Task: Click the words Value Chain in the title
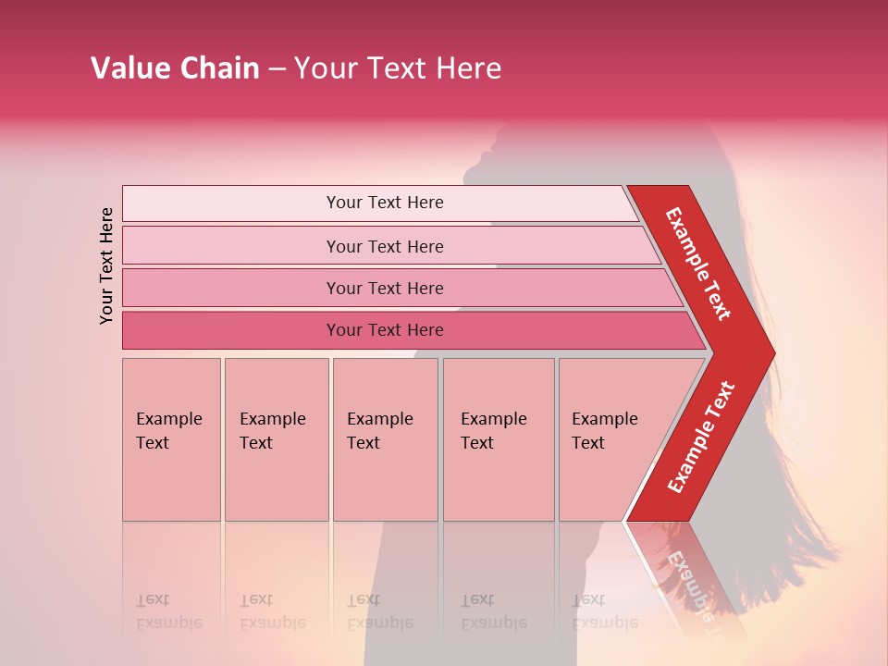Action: [175, 68]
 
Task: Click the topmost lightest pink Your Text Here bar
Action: [384, 203]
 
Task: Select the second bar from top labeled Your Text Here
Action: [384, 246]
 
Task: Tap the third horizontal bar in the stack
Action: [384, 288]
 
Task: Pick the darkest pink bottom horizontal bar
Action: [384, 330]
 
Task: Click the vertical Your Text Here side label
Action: [106, 265]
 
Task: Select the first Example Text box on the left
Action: [171, 438]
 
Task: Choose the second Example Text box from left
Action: [276, 438]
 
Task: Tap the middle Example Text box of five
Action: [385, 438]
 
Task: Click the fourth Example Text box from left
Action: [498, 438]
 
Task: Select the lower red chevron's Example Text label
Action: [701, 437]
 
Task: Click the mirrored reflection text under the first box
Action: [168, 610]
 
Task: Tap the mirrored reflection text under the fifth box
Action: [605, 610]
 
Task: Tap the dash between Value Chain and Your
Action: [277, 68]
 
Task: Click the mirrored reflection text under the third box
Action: [380, 610]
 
